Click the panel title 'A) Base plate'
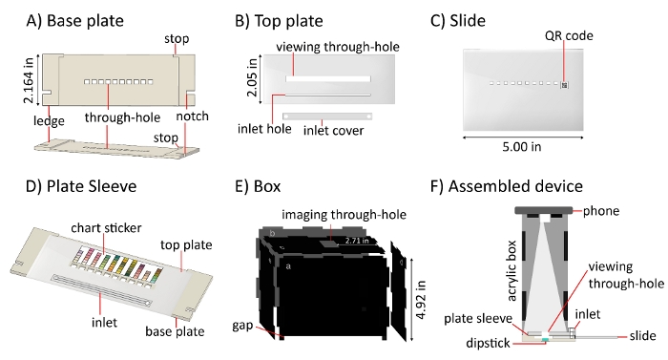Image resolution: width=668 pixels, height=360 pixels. point(75,20)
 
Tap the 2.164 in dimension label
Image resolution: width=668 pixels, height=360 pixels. point(29,80)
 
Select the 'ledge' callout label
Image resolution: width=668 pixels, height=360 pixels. point(49,121)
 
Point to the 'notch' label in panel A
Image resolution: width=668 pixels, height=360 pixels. point(192,116)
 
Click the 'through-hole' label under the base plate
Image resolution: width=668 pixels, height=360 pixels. point(122,117)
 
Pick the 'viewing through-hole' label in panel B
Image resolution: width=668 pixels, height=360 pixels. point(338,47)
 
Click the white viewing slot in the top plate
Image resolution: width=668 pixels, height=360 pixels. point(328,79)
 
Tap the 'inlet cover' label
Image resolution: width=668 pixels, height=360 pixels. point(334,130)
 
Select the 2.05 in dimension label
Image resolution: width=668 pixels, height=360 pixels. point(253,76)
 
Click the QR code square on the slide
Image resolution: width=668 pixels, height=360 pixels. point(564,85)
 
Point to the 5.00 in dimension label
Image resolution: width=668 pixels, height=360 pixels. point(521,147)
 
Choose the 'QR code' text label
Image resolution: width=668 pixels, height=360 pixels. point(569,36)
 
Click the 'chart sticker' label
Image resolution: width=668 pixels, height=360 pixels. point(106,228)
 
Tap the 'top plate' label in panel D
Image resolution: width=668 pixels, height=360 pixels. point(186,245)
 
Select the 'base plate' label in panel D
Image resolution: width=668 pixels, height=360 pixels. point(175,331)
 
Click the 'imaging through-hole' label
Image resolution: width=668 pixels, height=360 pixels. point(344,215)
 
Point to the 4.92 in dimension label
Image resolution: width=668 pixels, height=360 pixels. point(420,300)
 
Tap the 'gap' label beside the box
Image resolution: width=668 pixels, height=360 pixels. point(242,326)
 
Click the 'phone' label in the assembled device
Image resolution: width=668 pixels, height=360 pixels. point(600,211)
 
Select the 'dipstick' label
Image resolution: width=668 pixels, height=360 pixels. point(488,343)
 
